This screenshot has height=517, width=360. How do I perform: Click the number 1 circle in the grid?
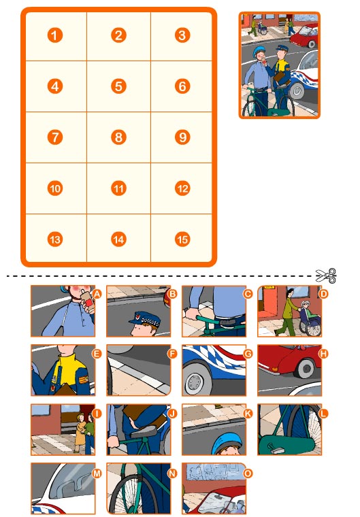[54, 35]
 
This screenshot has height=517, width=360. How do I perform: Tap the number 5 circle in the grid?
[119, 86]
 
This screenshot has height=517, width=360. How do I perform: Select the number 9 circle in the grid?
[182, 137]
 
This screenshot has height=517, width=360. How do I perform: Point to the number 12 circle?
[182, 188]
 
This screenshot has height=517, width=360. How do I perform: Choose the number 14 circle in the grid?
[119, 239]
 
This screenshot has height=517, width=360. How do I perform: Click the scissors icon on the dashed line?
[326, 276]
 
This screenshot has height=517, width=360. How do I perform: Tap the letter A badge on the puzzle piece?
[97, 294]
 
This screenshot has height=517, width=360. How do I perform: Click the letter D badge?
[323, 294]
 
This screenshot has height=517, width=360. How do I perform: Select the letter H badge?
[323, 354]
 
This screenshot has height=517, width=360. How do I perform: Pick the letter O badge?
[248, 473]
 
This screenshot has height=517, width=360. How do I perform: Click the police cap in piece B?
[144, 319]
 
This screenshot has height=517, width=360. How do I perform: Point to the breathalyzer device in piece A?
[87, 301]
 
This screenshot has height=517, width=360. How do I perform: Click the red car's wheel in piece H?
[306, 367]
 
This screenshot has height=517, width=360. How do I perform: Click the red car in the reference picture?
[304, 35]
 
